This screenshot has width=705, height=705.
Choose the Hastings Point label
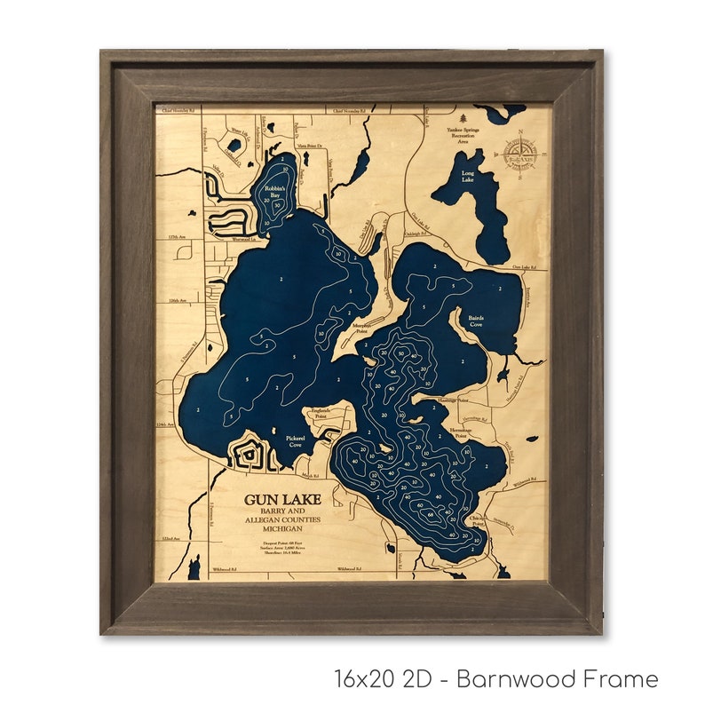[x=454, y=400]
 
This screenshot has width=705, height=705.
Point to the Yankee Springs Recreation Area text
[x=462, y=135]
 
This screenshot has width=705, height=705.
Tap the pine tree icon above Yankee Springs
[x=462, y=117]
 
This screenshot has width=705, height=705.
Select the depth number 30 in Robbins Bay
[x=277, y=205]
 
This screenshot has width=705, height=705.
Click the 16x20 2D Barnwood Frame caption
[x=496, y=679]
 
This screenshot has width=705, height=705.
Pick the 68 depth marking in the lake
[x=430, y=514]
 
